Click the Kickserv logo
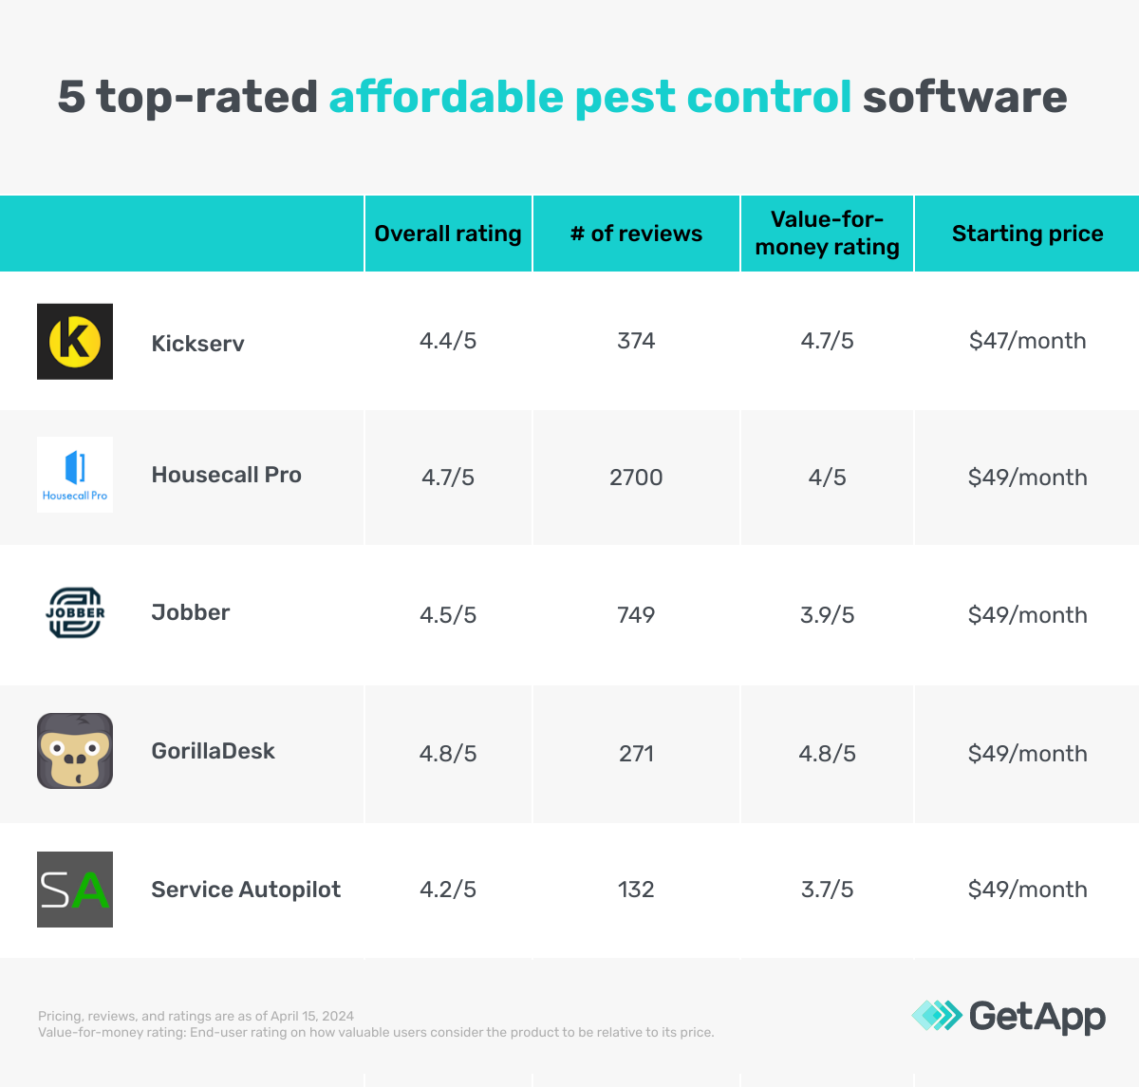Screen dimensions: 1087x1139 [75, 342]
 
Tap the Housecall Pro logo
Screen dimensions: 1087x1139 [75, 475]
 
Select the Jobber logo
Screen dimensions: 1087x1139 [75, 613]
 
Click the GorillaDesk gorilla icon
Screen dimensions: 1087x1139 [75, 751]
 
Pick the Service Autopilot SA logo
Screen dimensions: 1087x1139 [75, 890]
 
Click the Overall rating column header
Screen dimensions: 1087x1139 [448, 234]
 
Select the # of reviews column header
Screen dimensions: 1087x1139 [636, 234]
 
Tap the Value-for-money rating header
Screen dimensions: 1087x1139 [827, 234]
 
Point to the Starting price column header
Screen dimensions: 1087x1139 [1027, 234]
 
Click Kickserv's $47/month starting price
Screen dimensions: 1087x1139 [1027, 341]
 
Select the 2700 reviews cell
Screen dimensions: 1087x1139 [636, 478]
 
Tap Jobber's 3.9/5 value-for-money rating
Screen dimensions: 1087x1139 [827, 615]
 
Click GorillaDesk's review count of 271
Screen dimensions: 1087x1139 [636, 754]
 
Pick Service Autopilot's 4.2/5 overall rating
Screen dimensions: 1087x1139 [448, 890]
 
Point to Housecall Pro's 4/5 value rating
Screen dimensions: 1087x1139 [827, 478]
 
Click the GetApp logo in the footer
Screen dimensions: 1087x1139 [1008, 1016]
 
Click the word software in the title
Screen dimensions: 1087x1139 [964, 97]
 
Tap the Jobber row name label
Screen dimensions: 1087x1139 [191, 612]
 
